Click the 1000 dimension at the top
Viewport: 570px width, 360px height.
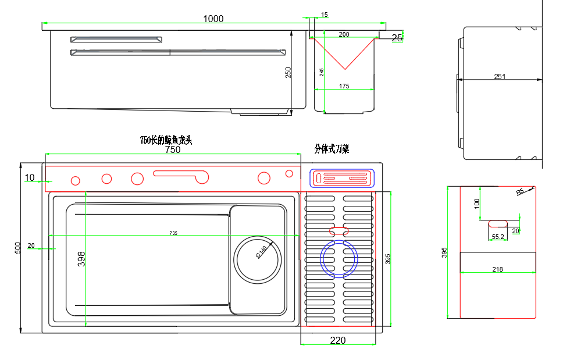(x=213, y=19)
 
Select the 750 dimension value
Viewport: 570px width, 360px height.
(x=173, y=149)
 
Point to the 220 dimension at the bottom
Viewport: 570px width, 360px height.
(x=338, y=340)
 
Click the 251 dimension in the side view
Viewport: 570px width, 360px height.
(x=500, y=76)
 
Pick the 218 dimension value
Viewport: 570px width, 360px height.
(x=497, y=269)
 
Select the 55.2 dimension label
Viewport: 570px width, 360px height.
(x=498, y=237)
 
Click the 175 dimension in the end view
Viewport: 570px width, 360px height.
(x=344, y=86)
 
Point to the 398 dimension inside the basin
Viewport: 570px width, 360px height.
(x=81, y=259)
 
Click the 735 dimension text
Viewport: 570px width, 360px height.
(x=173, y=233)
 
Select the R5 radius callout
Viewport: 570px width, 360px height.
(x=520, y=192)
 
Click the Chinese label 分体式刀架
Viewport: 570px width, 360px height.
(x=332, y=149)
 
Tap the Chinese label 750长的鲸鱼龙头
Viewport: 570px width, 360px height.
(x=166, y=140)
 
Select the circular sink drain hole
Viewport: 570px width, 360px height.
(x=258, y=259)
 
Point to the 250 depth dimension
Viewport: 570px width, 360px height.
(x=288, y=72)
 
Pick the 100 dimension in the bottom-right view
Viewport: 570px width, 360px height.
(x=477, y=204)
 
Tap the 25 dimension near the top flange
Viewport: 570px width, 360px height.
(x=397, y=38)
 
